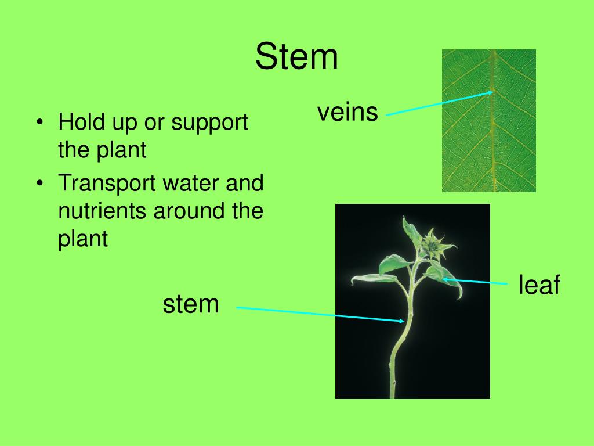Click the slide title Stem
tap(296, 57)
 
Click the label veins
tap(347, 111)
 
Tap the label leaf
tap(539, 285)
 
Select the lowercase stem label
tap(191, 304)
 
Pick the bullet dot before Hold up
tap(39, 123)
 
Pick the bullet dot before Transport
tap(39, 184)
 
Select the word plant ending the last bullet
tap(83, 238)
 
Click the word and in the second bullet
tap(245, 184)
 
